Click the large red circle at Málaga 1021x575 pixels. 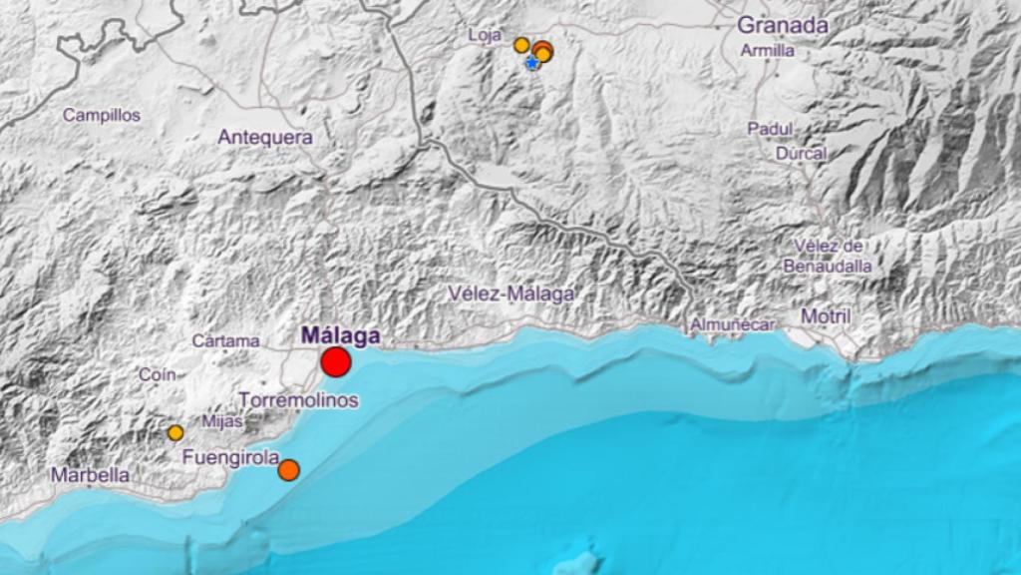[x=336, y=362]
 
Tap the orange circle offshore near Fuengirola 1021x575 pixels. [x=288, y=469]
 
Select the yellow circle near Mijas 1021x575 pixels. [x=175, y=432]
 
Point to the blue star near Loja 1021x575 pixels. [x=532, y=63]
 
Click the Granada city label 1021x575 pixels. [x=783, y=26]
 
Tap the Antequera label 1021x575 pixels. [x=265, y=138]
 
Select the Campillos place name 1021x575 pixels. [x=102, y=115]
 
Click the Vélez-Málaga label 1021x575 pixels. [x=511, y=293]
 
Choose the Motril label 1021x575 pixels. [x=826, y=317]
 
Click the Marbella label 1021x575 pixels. [x=91, y=475]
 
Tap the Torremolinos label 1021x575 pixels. [x=299, y=400]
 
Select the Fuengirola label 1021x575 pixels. [x=230, y=458]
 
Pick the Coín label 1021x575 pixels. [x=158, y=374]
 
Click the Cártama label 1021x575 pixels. [x=225, y=340]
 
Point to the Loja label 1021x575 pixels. [x=485, y=36]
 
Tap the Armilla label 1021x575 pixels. [x=768, y=50]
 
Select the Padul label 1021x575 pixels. [x=770, y=129]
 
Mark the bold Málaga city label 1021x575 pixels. [x=341, y=335]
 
